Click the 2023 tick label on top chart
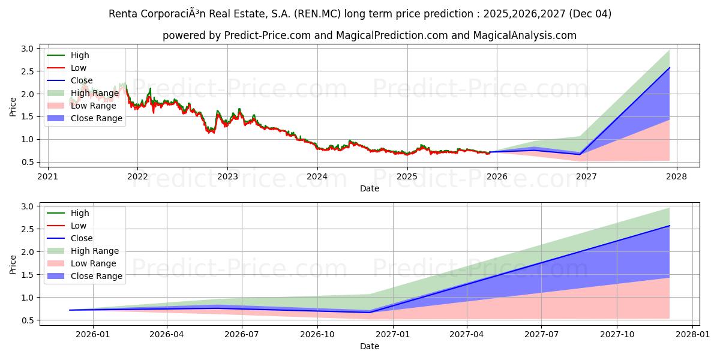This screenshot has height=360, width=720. (227, 176)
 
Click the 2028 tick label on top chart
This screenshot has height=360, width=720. (676, 176)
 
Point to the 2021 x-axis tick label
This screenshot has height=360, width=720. (48, 176)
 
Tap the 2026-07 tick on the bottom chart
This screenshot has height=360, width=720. (241, 334)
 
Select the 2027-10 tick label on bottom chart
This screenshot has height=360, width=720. (617, 334)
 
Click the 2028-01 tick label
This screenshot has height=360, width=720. (692, 334)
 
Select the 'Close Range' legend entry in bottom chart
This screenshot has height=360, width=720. (96, 276)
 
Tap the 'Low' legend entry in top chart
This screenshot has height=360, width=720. (78, 68)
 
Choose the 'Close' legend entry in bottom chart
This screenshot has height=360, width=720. (82, 238)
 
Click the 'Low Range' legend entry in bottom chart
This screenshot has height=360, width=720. (93, 263)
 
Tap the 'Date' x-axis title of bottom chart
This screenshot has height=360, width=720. (369, 346)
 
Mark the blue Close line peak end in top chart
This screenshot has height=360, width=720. (669, 68)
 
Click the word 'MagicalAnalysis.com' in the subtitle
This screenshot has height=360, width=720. (525, 35)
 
